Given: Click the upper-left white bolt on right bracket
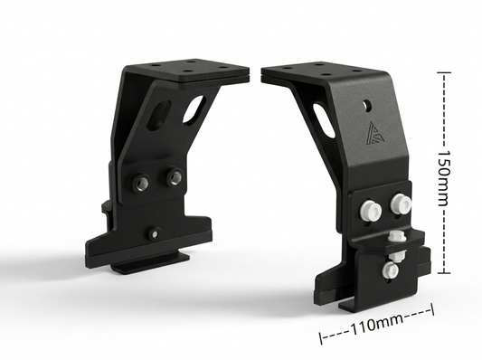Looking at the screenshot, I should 369,209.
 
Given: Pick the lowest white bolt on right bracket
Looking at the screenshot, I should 390,270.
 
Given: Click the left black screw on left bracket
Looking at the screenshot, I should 141,184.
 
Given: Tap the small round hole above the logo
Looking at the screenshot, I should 366,104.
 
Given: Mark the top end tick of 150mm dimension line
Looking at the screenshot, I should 442,72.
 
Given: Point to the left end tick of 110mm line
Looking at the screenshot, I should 321,338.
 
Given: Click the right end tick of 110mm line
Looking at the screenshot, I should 433,309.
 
